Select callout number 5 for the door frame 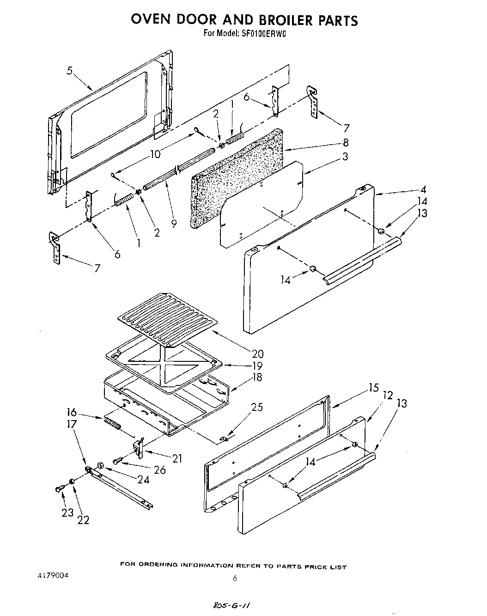(x=69, y=71)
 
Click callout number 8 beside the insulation (x=345, y=142)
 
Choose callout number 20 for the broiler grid (x=257, y=354)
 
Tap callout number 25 (x=257, y=407)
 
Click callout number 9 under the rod (x=174, y=223)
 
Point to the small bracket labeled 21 (x=138, y=447)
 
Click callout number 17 (x=72, y=424)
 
